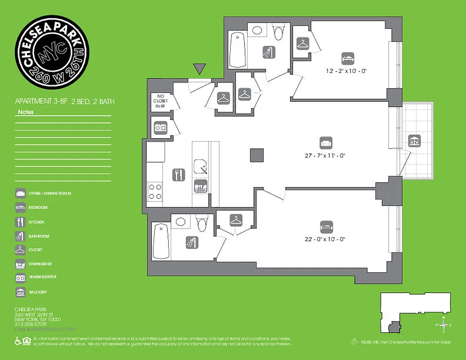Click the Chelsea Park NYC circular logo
52,52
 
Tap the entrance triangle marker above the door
199,69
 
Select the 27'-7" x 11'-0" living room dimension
324,156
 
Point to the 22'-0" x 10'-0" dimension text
325,239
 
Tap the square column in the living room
257,155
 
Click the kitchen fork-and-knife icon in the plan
178,175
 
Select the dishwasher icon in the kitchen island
200,186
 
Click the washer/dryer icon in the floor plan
160,127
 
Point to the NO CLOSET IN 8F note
162,101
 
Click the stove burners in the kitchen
155,192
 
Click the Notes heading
26,112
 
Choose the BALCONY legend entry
38,292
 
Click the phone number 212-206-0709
31,324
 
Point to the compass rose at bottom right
444,324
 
